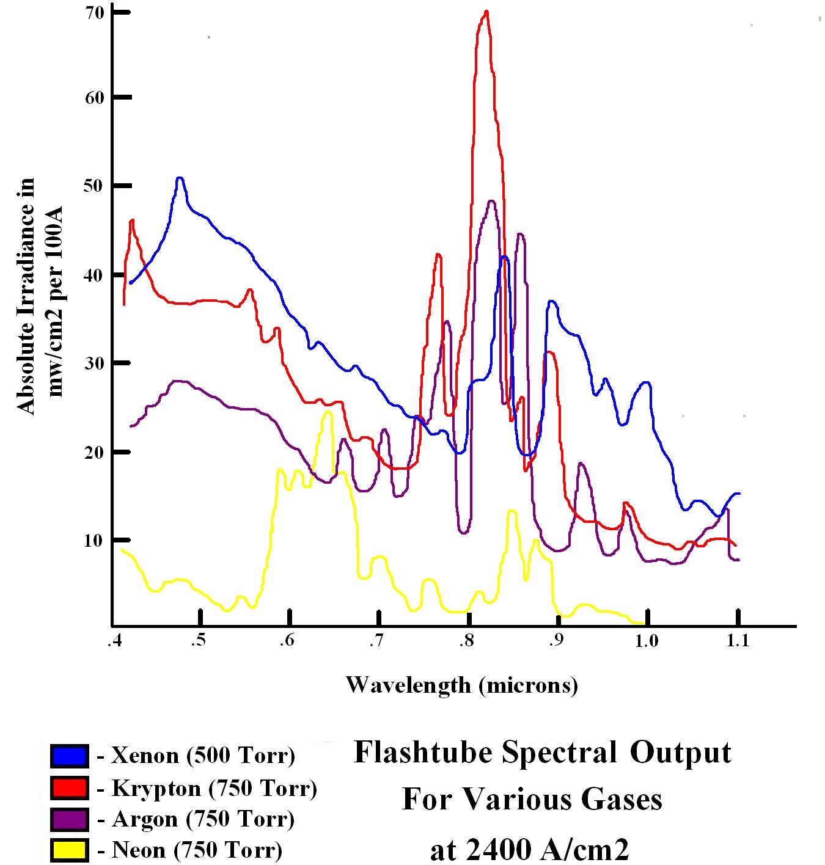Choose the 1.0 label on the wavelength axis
(647, 641)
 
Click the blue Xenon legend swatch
(69, 756)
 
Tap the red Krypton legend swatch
(69, 787)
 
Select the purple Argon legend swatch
(69, 819)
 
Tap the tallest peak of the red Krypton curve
(486, 12)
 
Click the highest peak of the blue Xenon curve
(180, 178)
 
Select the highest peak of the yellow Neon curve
(328, 412)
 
